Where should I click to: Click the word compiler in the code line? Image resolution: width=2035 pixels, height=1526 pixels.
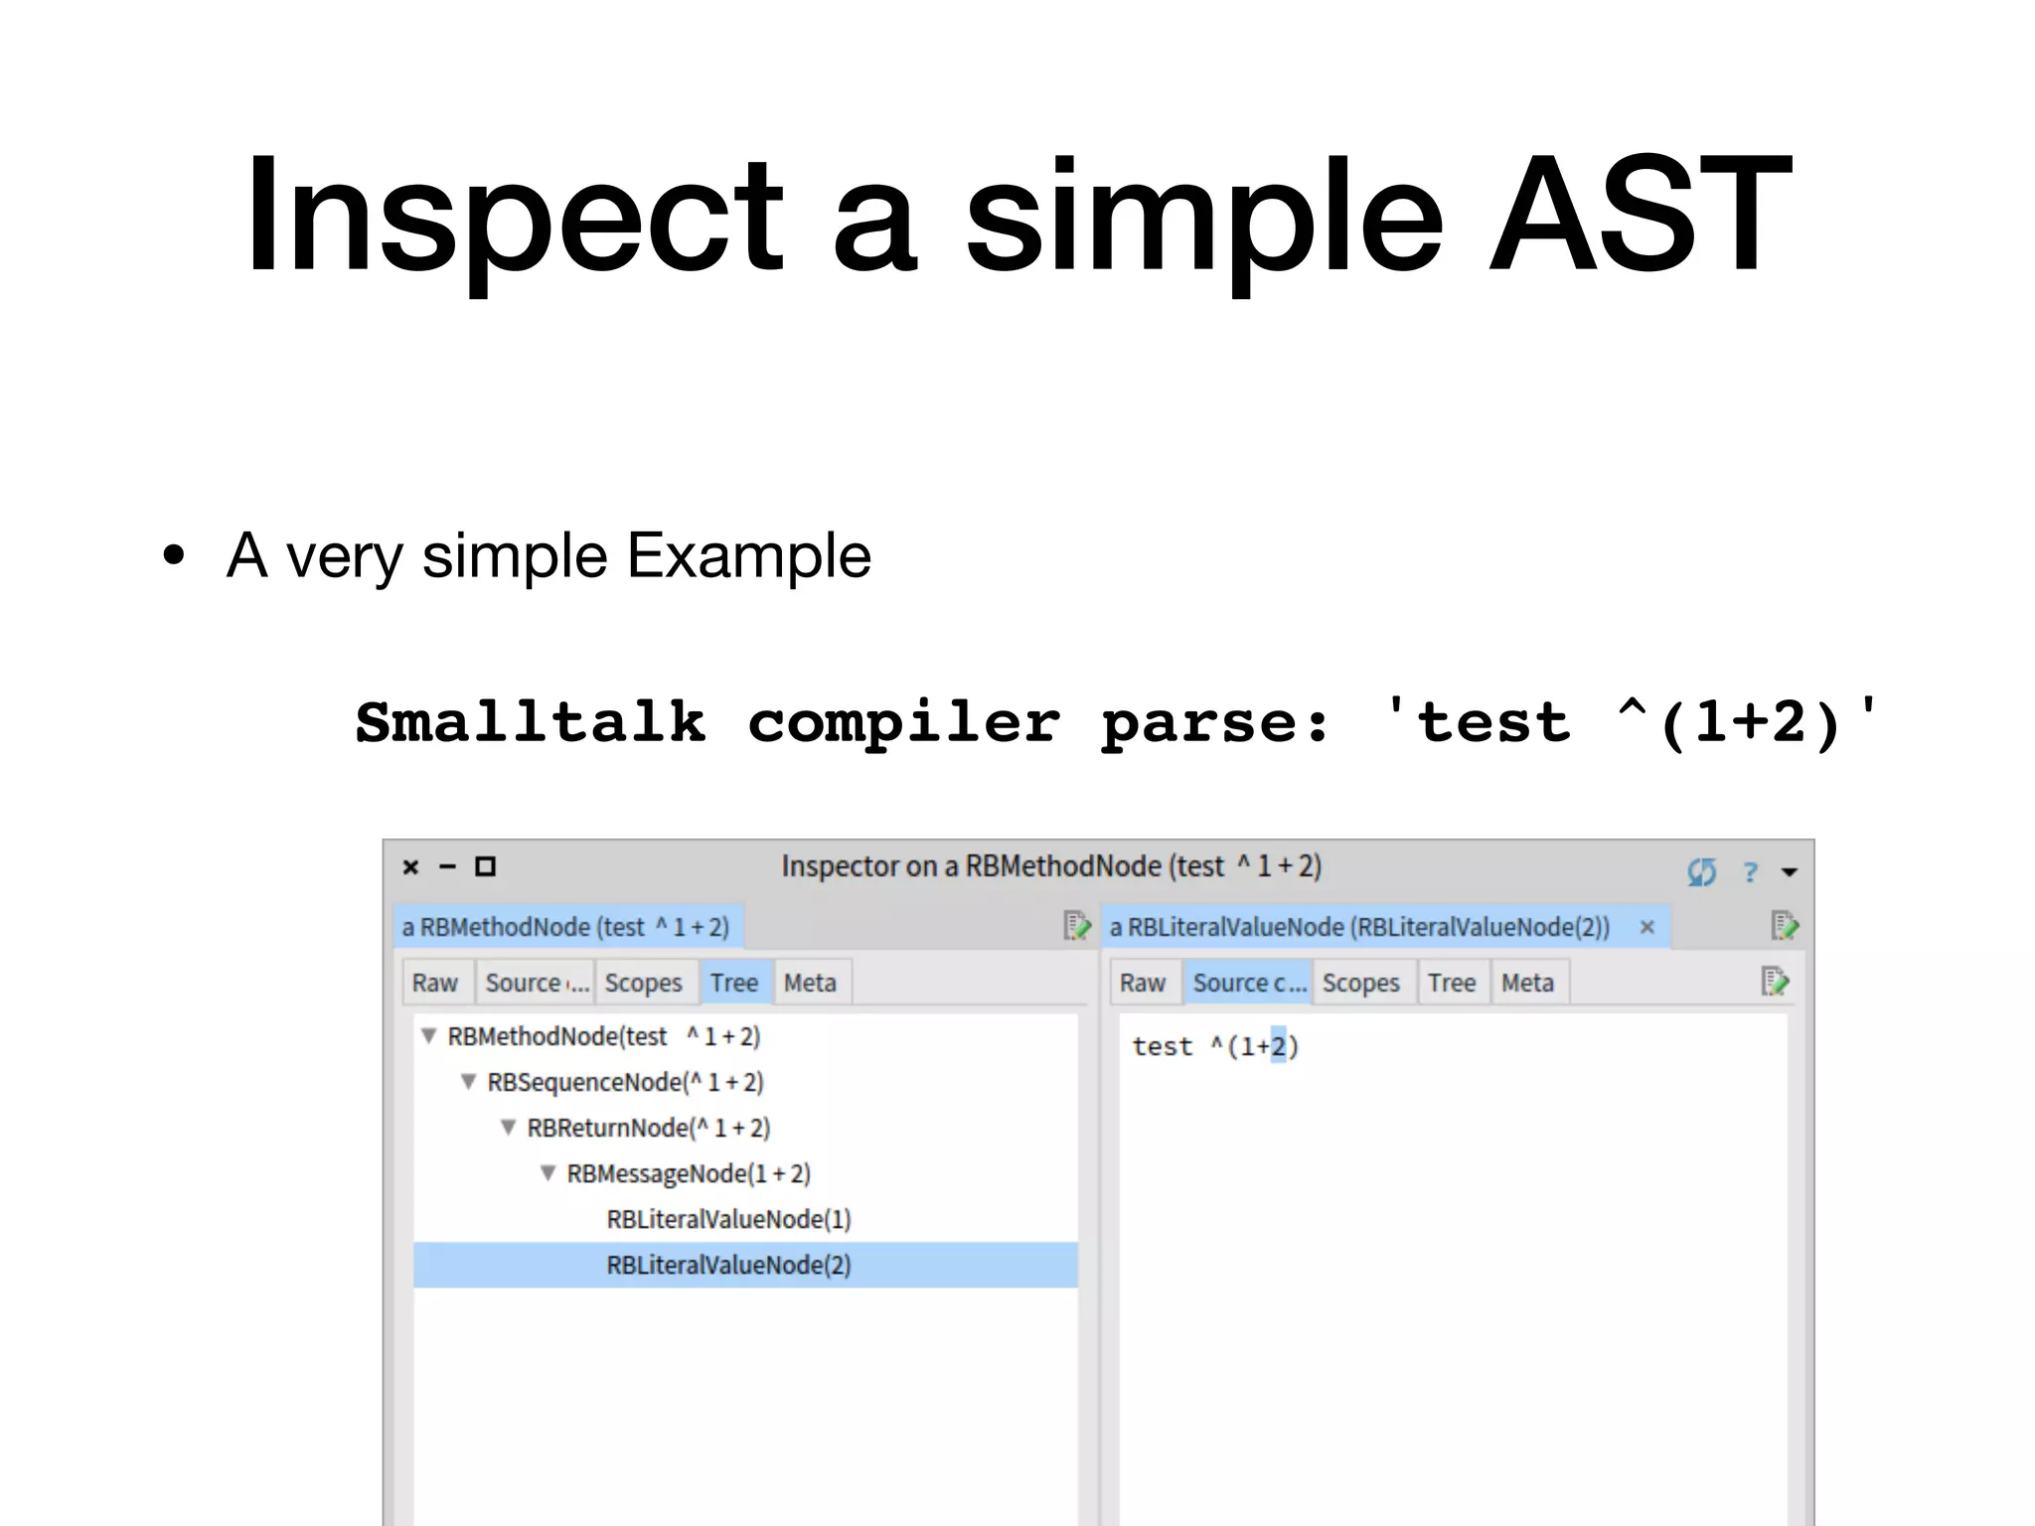(x=903, y=722)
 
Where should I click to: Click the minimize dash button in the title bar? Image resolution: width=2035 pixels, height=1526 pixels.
(x=447, y=867)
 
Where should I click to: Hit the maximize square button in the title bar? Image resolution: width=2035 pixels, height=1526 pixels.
(x=485, y=867)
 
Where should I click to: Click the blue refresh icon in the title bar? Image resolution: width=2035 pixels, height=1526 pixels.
(x=1701, y=872)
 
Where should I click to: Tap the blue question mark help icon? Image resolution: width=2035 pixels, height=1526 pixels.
(x=1750, y=872)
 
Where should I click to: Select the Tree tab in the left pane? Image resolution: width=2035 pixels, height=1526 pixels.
(x=733, y=983)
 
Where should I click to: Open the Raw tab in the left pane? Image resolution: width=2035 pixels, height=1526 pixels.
(x=435, y=983)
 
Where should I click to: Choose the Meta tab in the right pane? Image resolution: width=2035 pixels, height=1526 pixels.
(x=1527, y=983)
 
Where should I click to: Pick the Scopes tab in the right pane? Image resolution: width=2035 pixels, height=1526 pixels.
(x=1360, y=983)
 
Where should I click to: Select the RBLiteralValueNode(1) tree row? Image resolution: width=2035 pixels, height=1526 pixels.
(x=728, y=1219)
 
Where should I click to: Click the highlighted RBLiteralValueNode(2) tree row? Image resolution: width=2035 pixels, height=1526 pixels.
(x=728, y=1265)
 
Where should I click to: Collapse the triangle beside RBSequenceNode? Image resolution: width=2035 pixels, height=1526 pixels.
(x=469, y=1081)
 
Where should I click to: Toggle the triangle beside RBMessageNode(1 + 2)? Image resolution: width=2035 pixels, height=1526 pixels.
(x=548, y=1172)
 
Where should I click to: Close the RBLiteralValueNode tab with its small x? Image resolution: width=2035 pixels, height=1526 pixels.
(x=1646, y=927)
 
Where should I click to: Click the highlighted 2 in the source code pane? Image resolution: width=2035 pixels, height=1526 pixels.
(x=1278, y=1046)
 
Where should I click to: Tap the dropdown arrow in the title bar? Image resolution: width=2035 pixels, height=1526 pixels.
(x=1790, y=872)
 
